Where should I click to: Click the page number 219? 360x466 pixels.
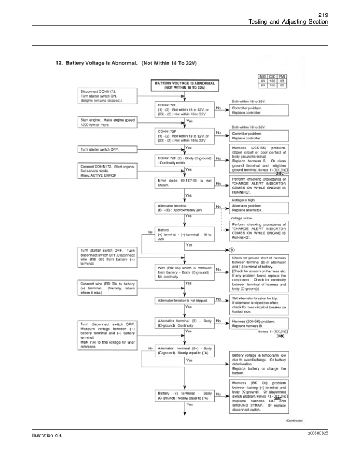(338, 14)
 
